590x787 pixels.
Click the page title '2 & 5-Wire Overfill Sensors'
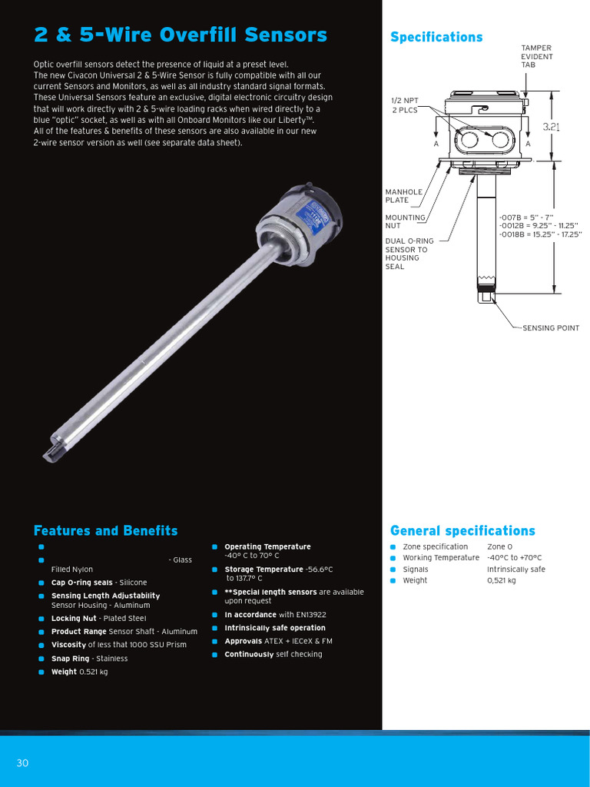coord(181,35)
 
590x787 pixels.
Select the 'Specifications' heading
coord(436,37)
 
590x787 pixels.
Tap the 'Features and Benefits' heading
coord(105,531)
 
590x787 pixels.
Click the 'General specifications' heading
coord(462,531)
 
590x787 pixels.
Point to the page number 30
coord(22,762)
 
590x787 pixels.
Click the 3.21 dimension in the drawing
coord(551,127)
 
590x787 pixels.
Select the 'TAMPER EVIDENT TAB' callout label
coord(537,56)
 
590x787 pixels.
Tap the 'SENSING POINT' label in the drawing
coord(551,328)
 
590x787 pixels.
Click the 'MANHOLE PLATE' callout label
coord(403,196)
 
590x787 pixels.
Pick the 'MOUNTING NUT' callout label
coord(405,221)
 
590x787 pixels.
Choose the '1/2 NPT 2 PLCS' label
coord(405,105)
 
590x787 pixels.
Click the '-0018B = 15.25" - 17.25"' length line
coord(540,234)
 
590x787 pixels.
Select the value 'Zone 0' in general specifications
coord(499,546)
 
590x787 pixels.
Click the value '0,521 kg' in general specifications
coord(502,580)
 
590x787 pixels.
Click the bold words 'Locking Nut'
coord(74,618)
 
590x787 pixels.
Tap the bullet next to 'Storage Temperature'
coord(216,569)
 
